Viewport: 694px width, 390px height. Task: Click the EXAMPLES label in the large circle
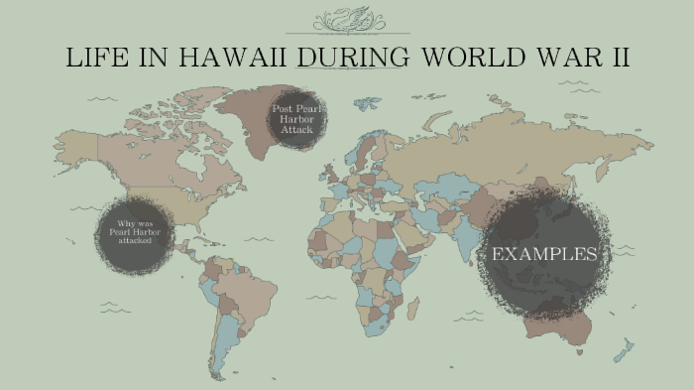click(544, 254)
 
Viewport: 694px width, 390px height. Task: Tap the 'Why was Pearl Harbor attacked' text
click(134, 232)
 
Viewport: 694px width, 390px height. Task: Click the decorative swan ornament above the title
click(361, 21)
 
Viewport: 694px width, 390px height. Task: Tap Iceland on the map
click(310, 131)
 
